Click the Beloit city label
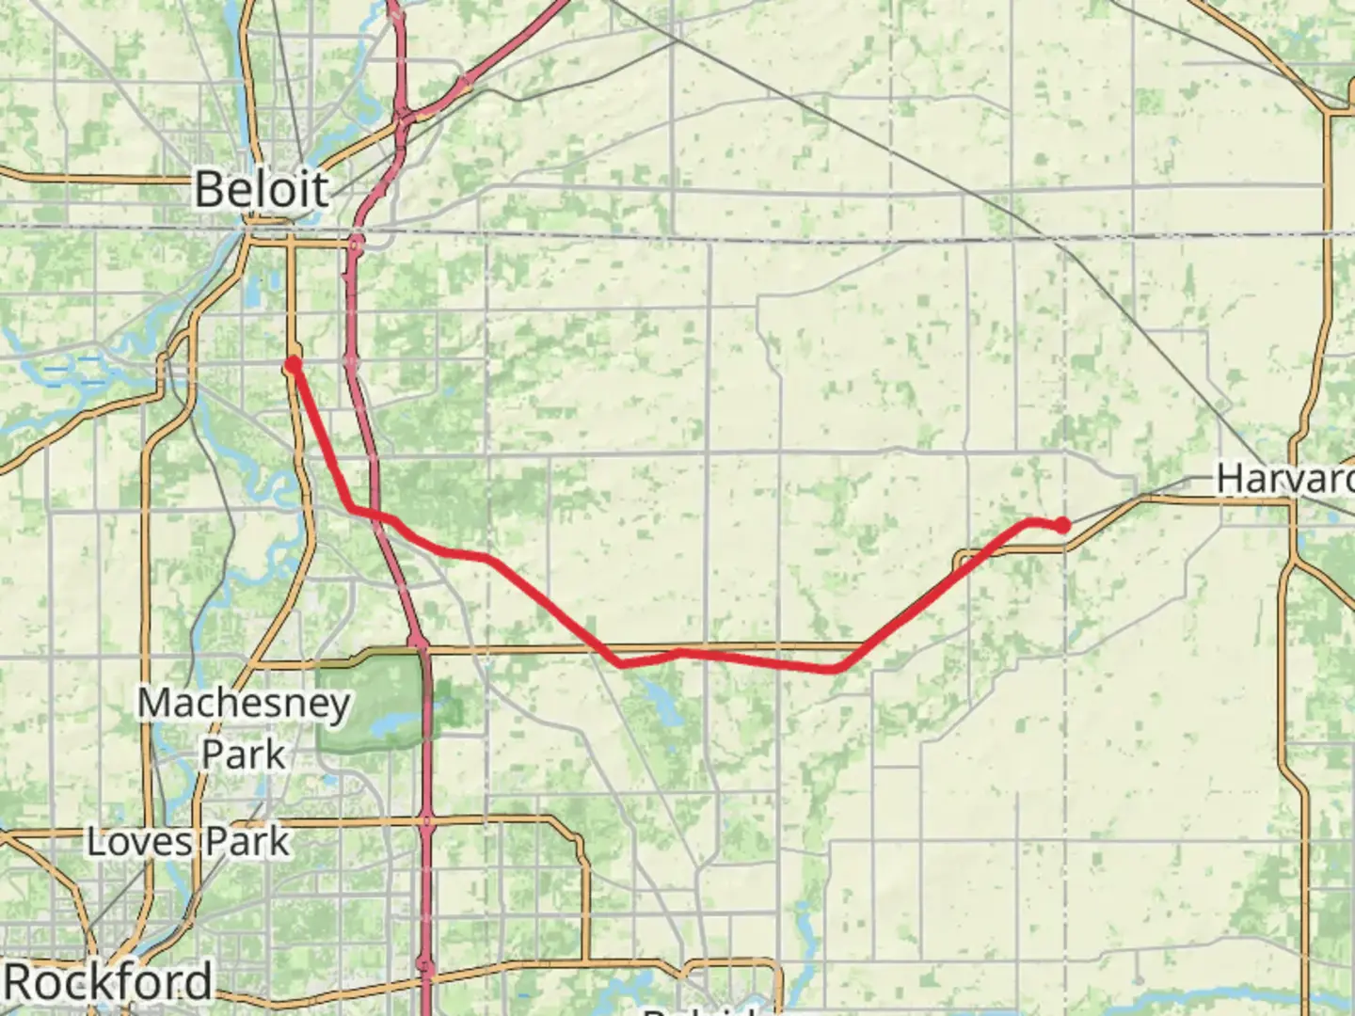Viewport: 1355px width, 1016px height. point(262,189)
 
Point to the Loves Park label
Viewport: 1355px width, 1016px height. point(188,841)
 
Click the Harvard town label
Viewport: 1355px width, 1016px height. point(1284,478)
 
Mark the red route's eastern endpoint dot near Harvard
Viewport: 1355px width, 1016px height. point(1062,525)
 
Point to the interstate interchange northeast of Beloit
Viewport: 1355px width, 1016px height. point(405,119)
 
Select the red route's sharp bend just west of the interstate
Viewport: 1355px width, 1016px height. point(352,509)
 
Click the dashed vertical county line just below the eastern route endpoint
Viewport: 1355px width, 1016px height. point(1065,583)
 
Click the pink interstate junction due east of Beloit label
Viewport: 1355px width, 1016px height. point(356,246)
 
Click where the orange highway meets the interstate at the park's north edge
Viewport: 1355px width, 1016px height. point(421,648)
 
